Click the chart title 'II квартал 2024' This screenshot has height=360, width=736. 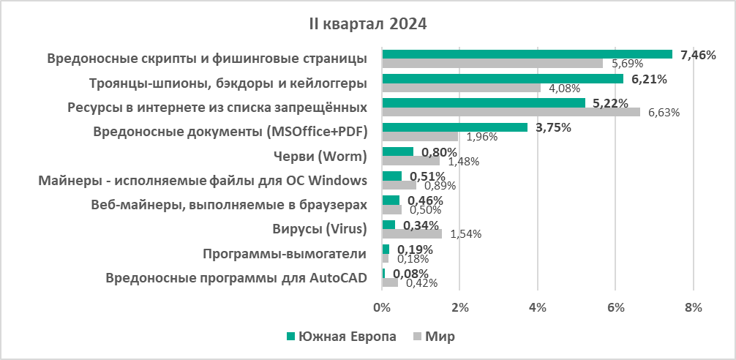click(x=367, y=23)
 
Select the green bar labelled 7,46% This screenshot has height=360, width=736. click(x=527, y=53)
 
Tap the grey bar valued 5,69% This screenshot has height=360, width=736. click(x=492, y=63)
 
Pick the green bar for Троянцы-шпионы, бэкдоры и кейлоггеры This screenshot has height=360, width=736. click(x=502, y=78)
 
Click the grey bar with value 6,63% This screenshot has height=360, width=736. click(x=511, y=112)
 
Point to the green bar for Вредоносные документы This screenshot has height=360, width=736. click(x=454, y=127)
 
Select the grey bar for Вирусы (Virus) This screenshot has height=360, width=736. click(x=412, y=234)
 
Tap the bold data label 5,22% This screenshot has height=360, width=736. click(x=611, y=103)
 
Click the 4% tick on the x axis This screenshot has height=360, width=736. click(x=538, y=308)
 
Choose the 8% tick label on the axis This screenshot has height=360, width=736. click(x=693, y=308)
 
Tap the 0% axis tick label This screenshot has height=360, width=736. click(x=382, y=308)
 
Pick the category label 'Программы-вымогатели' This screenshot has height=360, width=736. click(x=284, y=254)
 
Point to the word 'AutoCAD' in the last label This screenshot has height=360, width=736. click(x=339, y=278)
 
